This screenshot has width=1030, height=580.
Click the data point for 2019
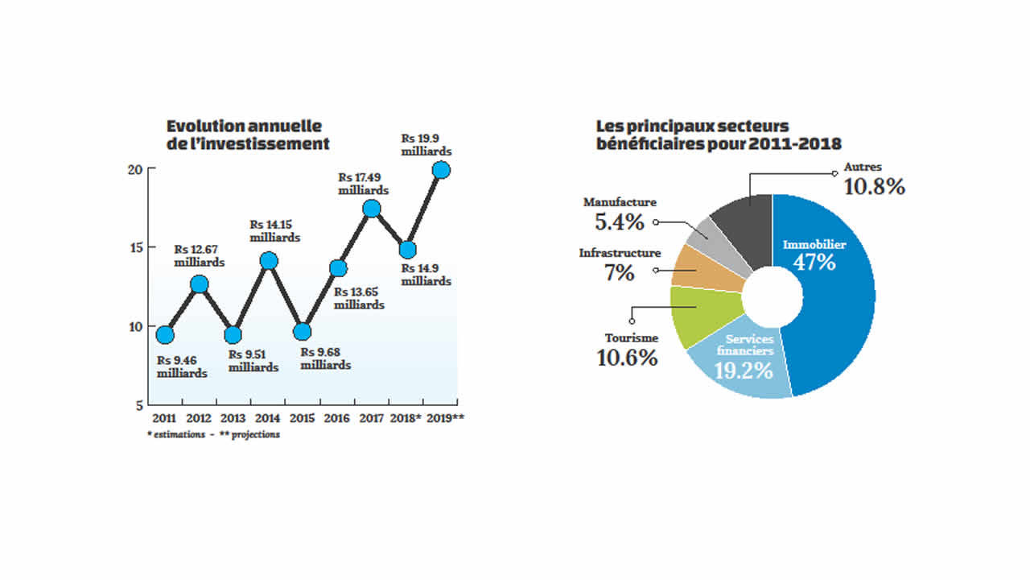tap(441, 170)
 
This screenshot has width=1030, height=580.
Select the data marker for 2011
tap(165, 334)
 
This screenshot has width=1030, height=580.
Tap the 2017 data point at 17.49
tap(371, 209)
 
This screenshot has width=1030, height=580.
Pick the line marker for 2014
tap(269, 261)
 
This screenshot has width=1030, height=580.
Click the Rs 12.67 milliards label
tap(200, 256)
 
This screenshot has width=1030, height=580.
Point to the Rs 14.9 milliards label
tap(426, 275)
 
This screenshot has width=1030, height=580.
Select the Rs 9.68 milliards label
tap(325, 358)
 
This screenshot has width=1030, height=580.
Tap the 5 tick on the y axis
tap(138, 405)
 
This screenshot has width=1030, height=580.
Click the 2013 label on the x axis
tap(233, 418)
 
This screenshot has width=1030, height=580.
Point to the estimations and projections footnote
tap(213, 434)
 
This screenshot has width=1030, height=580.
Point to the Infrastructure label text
tap(620, 253)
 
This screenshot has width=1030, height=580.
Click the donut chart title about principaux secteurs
tap(718, 135)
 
